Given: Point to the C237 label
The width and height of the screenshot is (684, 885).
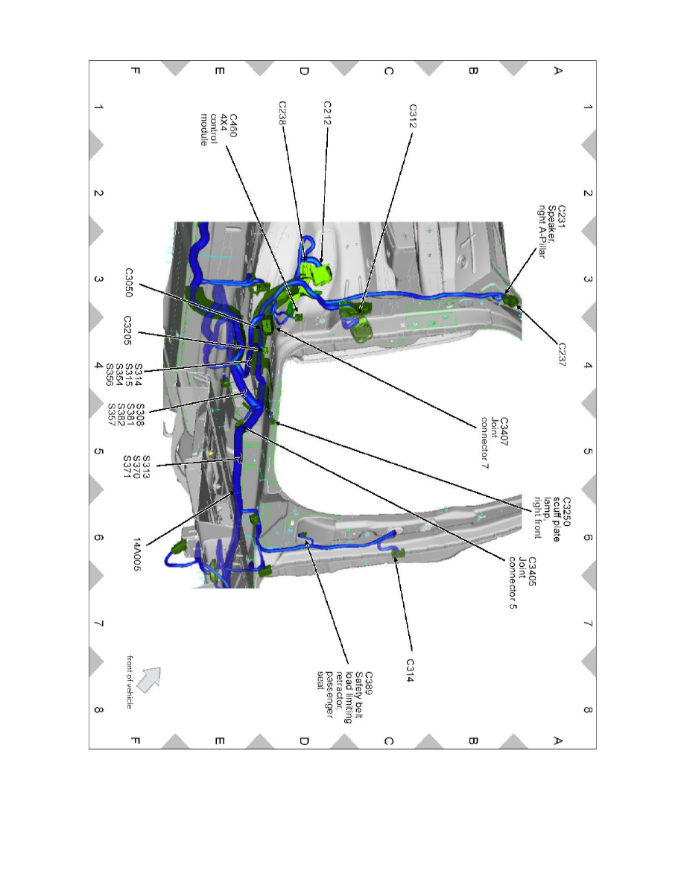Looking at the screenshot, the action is [561, 355].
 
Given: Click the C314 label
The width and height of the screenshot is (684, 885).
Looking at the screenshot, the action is [411, 670].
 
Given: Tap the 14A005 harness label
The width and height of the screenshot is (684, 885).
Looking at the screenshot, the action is [137, 553].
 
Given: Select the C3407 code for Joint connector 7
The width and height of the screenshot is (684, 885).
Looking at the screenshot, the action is [504, 432].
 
